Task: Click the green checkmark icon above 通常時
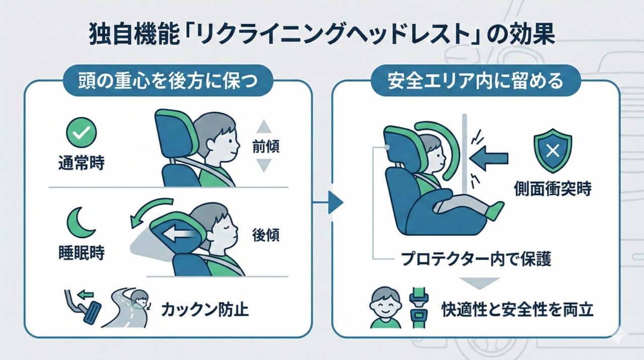pos(81,132)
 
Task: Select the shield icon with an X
pos(552,151)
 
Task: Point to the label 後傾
pos(265,235)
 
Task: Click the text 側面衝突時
pos(552,189)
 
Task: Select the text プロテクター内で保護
pos(476,259)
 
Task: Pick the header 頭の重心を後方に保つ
pos(168,82)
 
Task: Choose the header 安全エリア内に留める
pos(475,82)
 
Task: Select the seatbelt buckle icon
pos(419,308)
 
